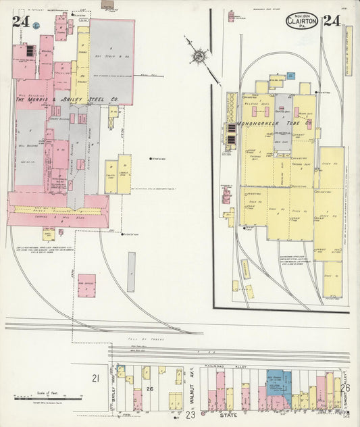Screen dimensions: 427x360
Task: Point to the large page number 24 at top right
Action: pos(332,20)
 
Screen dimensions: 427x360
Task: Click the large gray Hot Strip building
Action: pos(111,61)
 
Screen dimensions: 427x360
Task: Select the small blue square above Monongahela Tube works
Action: pos(290,76)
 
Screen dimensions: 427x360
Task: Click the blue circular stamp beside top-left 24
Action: pos(36,25)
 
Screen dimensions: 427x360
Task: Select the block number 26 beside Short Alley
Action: pos(344,388)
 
